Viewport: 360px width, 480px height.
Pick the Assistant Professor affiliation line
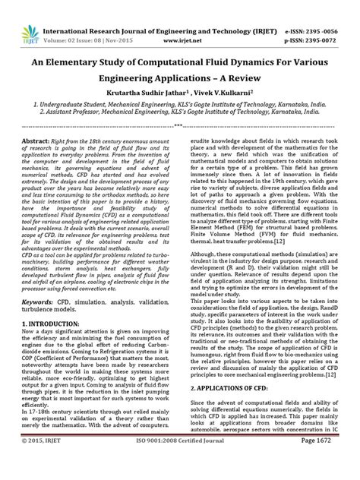click(180, 109)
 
